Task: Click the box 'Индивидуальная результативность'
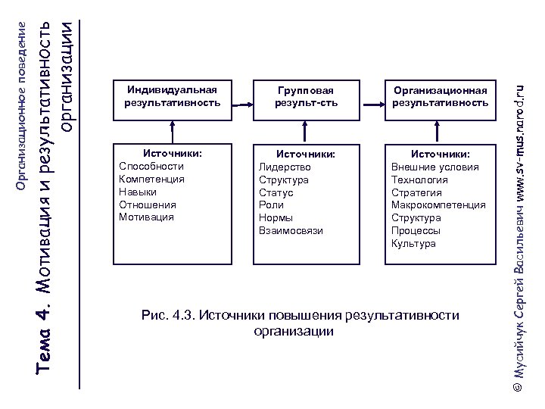(172, 96)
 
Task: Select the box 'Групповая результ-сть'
(306, 96)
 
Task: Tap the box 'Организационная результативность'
(440, 96)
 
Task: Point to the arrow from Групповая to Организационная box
(374, 105)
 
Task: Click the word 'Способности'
(151, 166)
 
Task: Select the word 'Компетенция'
(151, 179)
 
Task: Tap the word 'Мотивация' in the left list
(146, 217)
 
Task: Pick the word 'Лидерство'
(285, 167)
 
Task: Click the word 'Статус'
(276, 192)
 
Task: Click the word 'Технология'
(419, 180)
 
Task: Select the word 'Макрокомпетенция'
(438, 204)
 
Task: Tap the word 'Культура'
(413, 243)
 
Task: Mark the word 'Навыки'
(138, 192)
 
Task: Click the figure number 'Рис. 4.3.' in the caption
(167, 314)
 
